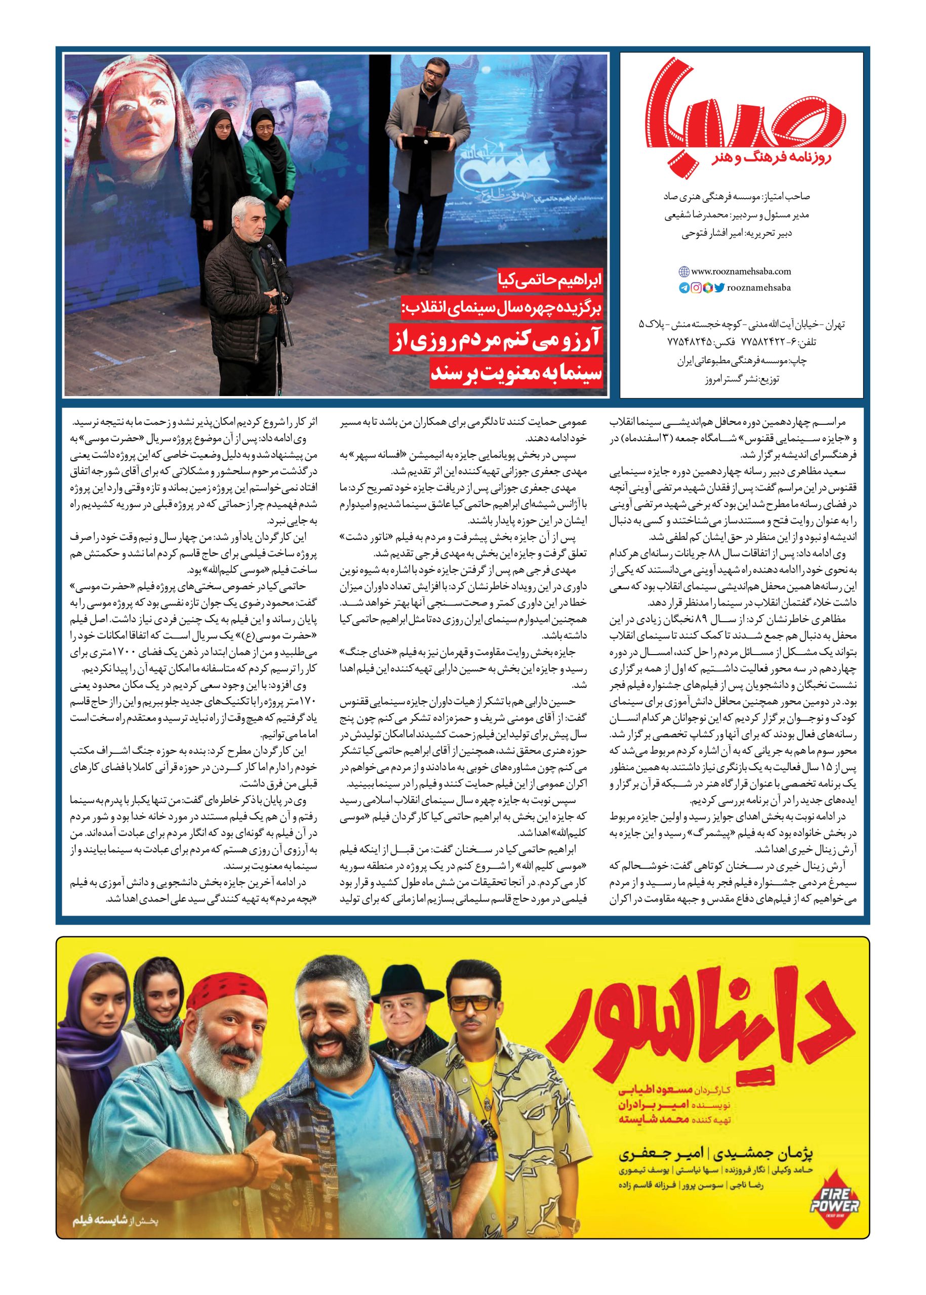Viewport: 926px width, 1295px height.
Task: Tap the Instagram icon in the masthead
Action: click(696, 288)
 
